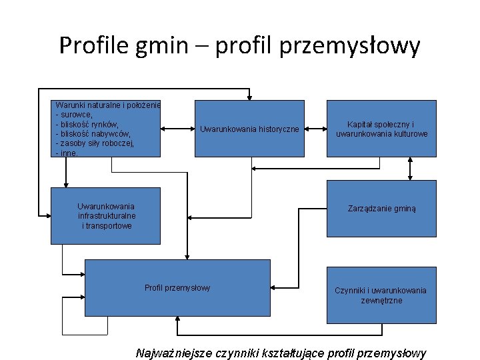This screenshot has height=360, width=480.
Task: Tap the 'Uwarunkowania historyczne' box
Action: [x=249, y=128]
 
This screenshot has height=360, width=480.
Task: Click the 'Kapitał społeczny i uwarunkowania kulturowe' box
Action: [x=381, y=129]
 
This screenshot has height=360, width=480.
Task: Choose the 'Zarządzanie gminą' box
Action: [x=381, y=209]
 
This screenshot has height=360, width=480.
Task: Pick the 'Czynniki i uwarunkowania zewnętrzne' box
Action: [x=381, y=295]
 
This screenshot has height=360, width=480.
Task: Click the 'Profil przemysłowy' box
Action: [x=177, y=287]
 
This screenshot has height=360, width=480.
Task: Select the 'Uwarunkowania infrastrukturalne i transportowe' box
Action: [x=105, y=216]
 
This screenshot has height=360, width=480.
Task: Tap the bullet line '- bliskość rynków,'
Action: [x=87, y=124]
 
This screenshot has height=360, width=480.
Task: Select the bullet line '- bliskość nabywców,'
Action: [x=93, y=133]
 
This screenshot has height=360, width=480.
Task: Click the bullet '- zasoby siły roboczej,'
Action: [x=95, y=143]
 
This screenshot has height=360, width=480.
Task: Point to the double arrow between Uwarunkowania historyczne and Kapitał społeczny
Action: [x=315, y=127]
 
